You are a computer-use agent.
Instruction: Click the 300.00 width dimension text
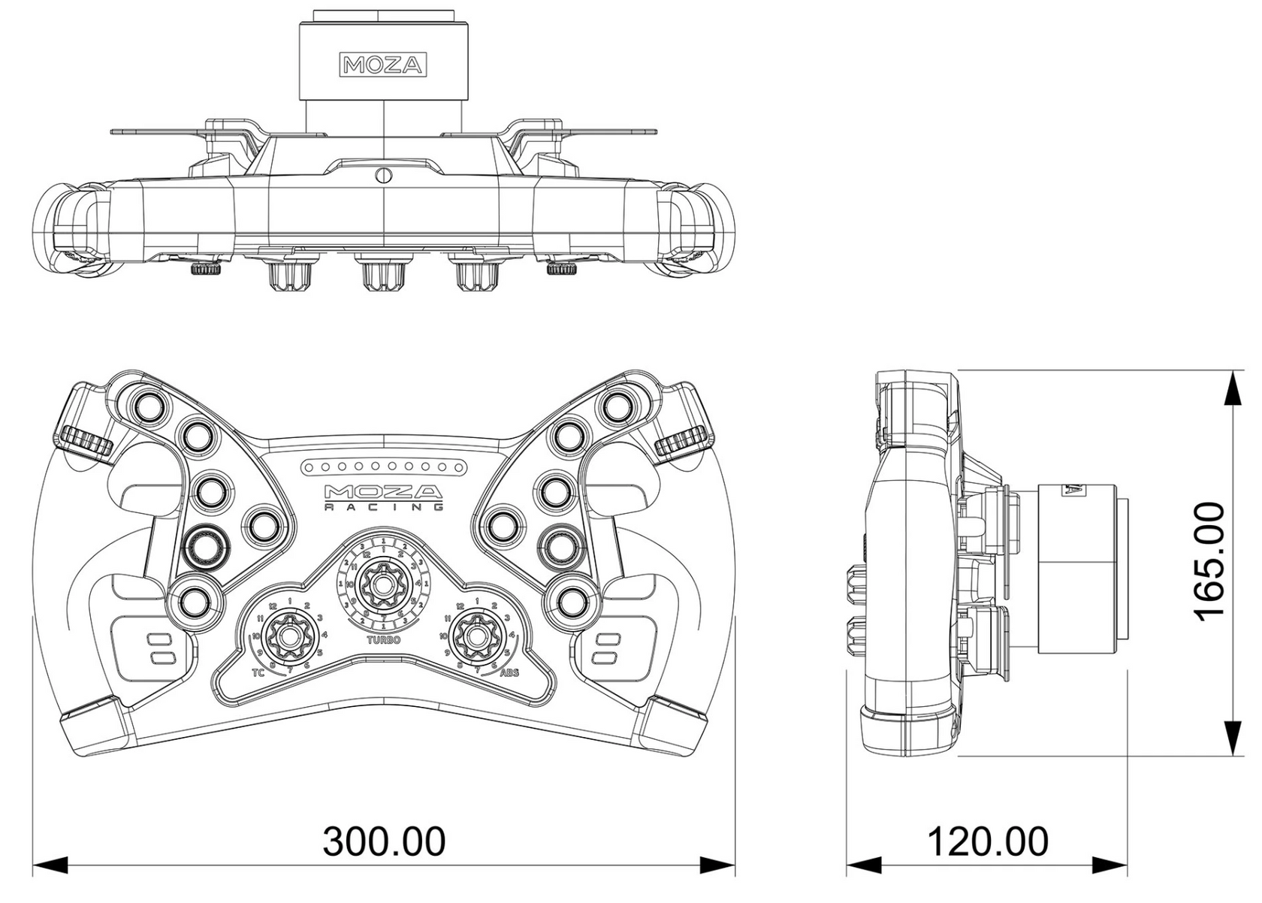tap(384, 842)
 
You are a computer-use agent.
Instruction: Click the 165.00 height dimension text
tap(1210, 562)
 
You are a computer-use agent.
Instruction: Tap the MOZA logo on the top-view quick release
tap(384, 65)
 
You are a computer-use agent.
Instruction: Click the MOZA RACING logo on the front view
tap(383, 497)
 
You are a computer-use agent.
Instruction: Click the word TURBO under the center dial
tap(383, 640)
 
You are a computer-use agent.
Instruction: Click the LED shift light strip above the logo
tap(383, 467)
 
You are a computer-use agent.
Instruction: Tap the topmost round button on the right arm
tap(618, 406)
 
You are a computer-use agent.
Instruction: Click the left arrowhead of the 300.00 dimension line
tap(50, 865)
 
